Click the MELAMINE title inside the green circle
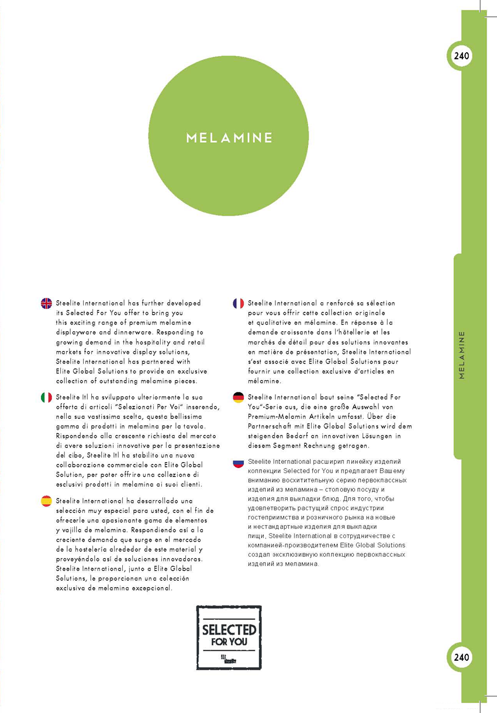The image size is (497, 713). tap(229, 139)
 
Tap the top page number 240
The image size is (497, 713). tap(461, 56)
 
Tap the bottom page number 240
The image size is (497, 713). tap(461, 657)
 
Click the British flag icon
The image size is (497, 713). tap(46, 303)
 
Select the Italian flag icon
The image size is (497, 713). tap(46, 397)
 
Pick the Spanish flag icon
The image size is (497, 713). tap(46, 501)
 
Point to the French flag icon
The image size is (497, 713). tap(238, 303)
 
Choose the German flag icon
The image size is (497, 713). tap(238, 397)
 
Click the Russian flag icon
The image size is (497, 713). tap(238, 463)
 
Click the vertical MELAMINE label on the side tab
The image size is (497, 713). tap(462, 355)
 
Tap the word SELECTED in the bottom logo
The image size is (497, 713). tap(229, 630)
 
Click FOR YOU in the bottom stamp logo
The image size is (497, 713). tap(229, 642)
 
